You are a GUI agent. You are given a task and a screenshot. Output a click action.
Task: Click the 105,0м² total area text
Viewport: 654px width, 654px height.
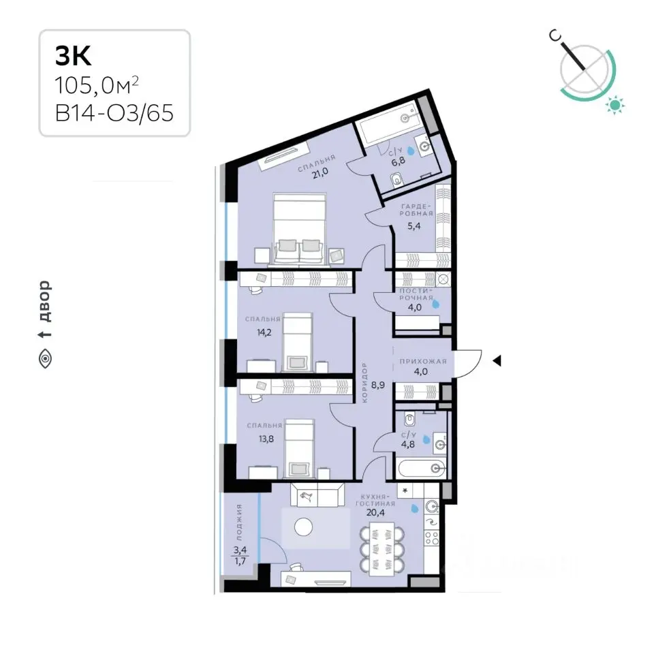pyautogui.click(x=97, y=86)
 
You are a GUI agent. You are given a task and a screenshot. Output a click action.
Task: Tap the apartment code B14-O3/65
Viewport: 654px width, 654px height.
pyautogui.click(x=114, y=113)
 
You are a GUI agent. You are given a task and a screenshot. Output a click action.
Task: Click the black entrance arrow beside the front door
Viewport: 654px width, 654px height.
pyautogui.click(x=497, y=361)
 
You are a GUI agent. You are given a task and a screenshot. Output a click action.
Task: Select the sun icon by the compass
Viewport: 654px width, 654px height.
pyautogui.click(x=615, y=105)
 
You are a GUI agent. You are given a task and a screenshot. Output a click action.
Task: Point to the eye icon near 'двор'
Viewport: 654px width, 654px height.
pyautogui.click(x=45, y=359)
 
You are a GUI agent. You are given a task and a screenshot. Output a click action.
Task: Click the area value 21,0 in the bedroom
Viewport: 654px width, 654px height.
pyautogui.click(x=320, y=172)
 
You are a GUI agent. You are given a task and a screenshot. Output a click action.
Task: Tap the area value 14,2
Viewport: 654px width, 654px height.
pyautogui.click(x=264, y=332)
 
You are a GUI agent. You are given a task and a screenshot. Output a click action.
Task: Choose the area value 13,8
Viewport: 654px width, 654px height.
pyautogui.click(x=266, y=438)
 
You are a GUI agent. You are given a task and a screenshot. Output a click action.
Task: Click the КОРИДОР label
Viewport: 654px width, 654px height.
pyautogui.click(x=364, y=382)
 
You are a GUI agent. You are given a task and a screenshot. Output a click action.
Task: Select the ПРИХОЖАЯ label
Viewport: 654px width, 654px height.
pyautogui.click(x=423, y=361)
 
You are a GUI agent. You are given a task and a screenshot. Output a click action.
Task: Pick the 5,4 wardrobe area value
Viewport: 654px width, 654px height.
pyautogui.click(x=414, y=226)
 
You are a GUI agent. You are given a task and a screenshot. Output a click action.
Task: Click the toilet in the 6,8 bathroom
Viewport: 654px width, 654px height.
pyautogui.click(x=396, y=180)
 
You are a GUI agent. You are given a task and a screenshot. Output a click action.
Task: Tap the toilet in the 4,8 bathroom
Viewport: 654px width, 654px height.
pyautogui.click(x=410, y=418)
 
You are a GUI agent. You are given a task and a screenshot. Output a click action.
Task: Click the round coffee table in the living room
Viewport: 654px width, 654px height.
pyautogui.click(x=303, y=527)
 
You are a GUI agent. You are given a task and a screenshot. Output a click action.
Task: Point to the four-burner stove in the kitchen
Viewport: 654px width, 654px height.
pyautogui.click(x=432, y=538)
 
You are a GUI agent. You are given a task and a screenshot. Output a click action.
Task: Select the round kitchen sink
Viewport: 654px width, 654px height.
pyautogui.click(x=432, y=507)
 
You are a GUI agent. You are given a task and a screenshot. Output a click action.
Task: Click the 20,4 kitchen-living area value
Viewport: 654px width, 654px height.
pyautogui.click(x=375, y=512)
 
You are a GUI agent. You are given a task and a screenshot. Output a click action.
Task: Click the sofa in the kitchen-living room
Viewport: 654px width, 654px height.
pyautogui.click(x=317, y=495)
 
